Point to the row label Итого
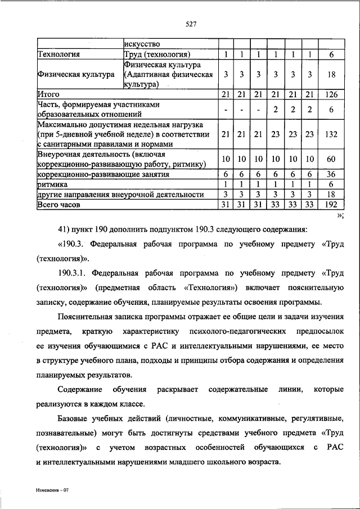coord(48,94)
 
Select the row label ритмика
coord(53,184)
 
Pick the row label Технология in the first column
coord(58,55)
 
